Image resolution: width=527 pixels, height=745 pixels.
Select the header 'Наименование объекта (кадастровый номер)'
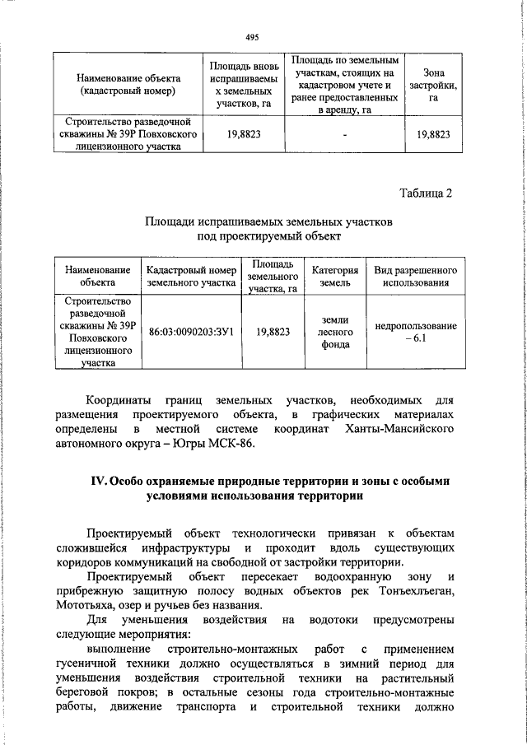[x=124, y=85]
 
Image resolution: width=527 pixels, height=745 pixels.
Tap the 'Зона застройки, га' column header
[x=433, y=85]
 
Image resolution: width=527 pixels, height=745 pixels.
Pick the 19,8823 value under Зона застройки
[x=433, y=135]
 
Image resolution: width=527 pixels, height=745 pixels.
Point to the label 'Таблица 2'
[x=426, y=193]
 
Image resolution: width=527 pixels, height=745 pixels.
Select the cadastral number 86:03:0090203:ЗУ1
[x=192, y=332]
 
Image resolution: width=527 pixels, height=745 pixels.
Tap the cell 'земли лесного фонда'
[x=335, y=332]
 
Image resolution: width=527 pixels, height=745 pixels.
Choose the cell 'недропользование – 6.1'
[x=415, y=332]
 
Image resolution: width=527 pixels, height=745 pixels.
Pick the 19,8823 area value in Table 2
[x=273, y=332]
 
